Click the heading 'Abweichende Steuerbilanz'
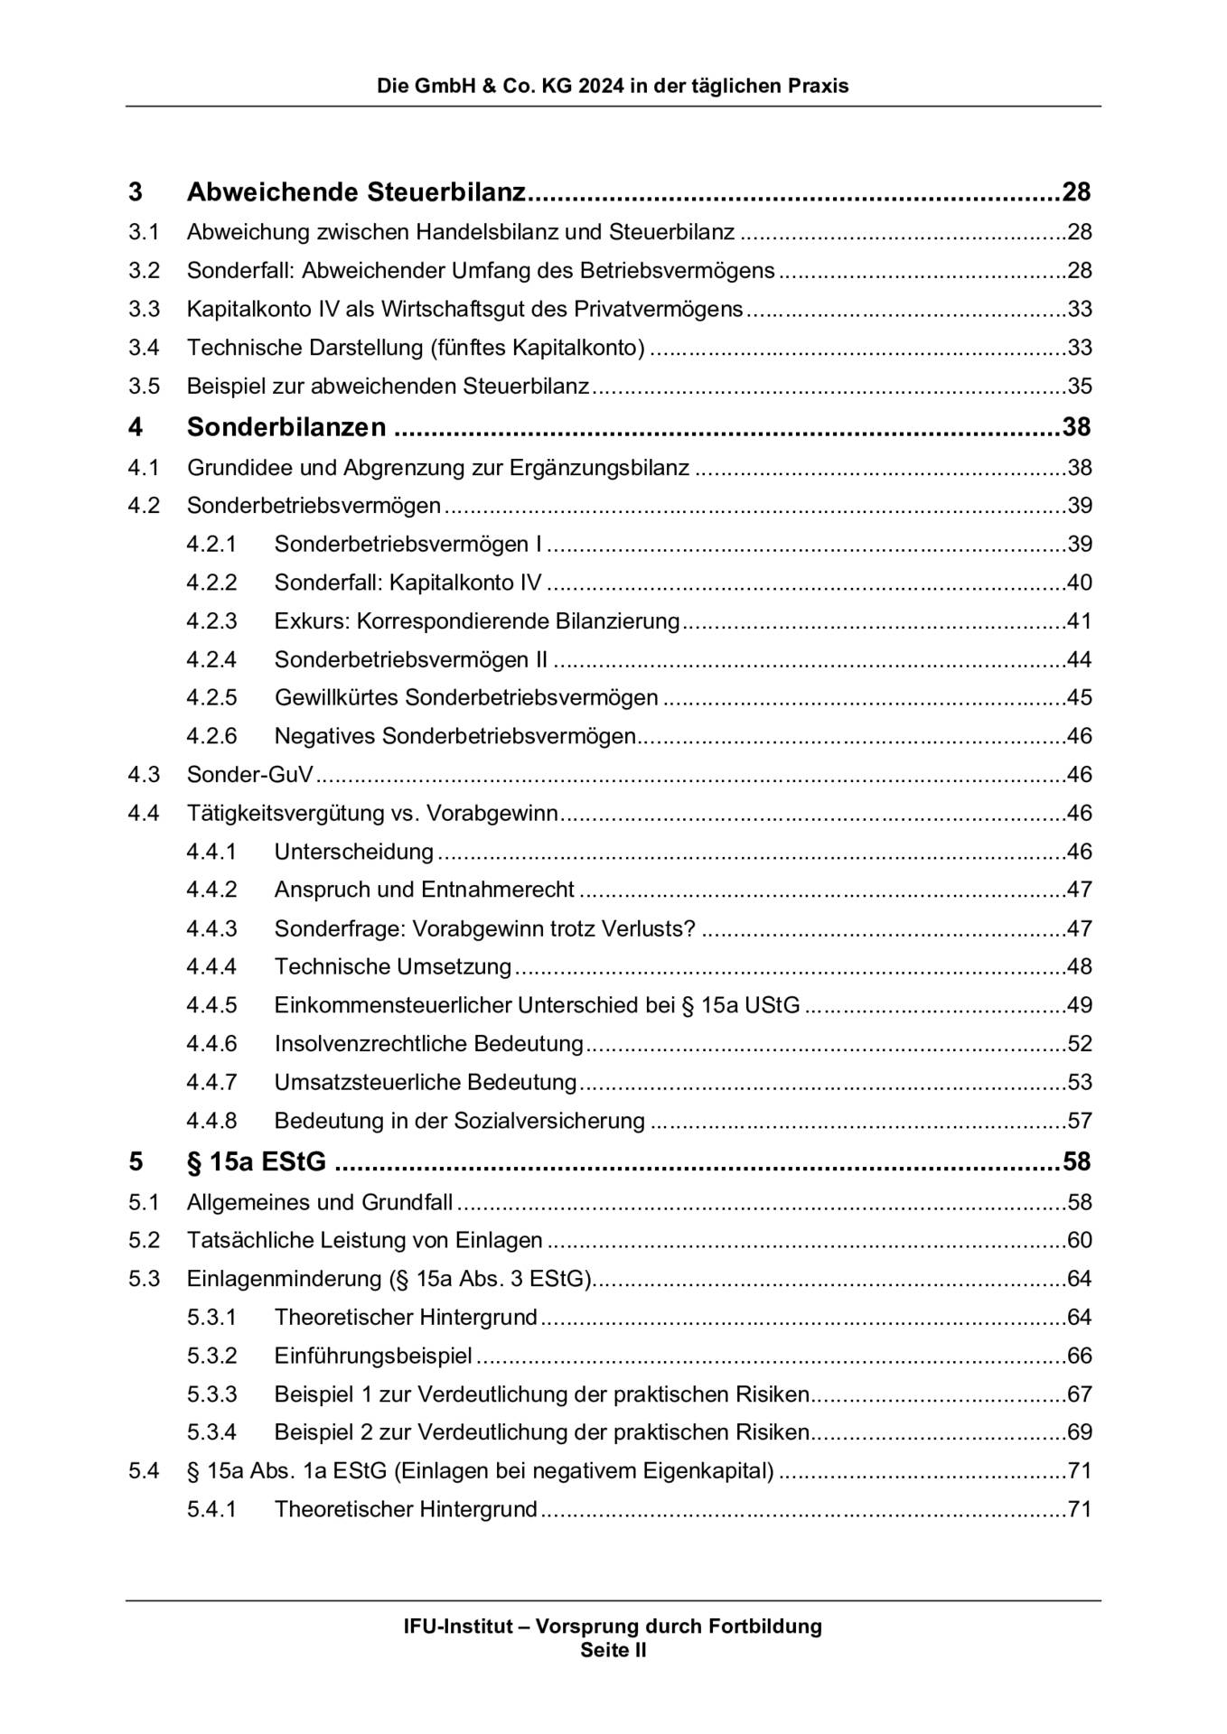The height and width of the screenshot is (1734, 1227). click(356, 192)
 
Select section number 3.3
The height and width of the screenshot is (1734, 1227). click(144, 309)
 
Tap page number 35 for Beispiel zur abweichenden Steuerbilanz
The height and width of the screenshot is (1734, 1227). click(1080, 387)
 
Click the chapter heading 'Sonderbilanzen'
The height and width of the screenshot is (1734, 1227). click(286, 427)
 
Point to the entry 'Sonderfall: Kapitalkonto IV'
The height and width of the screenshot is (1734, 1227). click(407, 583)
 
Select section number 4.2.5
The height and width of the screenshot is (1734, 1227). click(211, 697)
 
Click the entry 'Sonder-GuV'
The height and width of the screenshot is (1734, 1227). click(250, 775)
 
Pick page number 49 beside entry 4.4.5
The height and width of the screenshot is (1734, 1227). click(1080, 1005)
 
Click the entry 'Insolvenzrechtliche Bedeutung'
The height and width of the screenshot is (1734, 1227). click(429, 1044)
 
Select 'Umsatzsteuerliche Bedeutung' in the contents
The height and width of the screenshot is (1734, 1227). click(426, 1082)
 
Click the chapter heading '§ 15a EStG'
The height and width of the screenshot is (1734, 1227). click(257, 1161)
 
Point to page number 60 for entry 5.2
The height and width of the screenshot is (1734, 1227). click(1080, 1240)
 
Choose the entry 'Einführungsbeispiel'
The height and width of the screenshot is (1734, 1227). click(373, 1356)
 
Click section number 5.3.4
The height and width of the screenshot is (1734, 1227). click(211, 1432)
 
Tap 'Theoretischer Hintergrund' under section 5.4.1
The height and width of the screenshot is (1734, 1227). click(406, 1509)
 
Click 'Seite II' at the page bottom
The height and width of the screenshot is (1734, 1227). click(613, 1650)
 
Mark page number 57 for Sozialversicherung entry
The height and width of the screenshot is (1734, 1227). click(1080, 1121)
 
